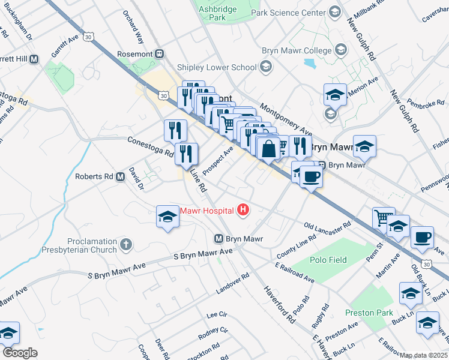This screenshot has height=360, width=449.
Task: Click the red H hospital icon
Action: tap(243, 209)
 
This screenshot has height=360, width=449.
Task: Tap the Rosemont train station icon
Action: tap(160, 53)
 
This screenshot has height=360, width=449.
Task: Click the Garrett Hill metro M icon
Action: tap(34, 59)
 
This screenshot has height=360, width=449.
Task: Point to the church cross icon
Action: tap(125, 244)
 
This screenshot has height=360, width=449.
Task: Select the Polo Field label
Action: tap(328, 260)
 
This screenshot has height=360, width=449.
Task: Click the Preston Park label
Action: tap(369, 313)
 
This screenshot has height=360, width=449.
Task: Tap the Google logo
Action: tap(20, 353)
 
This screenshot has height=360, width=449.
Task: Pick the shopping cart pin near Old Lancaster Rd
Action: tap(383, 218)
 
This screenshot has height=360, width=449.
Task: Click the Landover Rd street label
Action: tap(232, 283)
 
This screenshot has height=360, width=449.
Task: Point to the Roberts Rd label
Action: tap(94, 176)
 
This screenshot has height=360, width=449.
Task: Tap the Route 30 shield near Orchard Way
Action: tap(88, 37)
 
